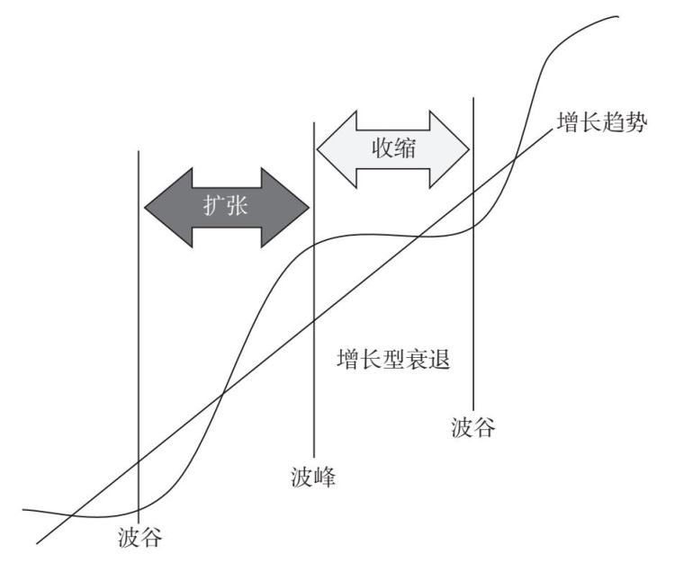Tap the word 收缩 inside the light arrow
(393, 147)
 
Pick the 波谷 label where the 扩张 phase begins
(139, 538)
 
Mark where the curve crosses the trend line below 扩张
(222, 393)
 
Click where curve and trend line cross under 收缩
(421, 237)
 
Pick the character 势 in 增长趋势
(635, 124)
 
